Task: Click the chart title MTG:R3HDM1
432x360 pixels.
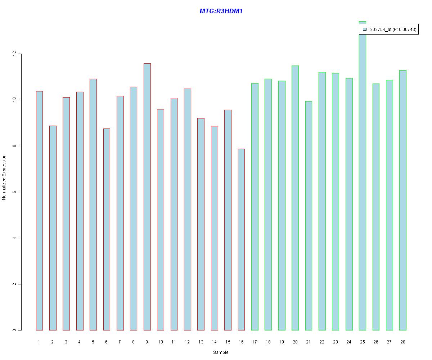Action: click(x=221, y=11)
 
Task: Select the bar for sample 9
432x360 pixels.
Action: click(x=147, y=197)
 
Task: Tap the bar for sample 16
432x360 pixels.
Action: click(x=241, y=239)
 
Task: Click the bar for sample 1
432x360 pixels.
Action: click(x=39, y=211)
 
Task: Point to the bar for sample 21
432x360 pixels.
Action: click(x=309, y=216)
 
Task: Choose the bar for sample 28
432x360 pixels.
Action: click(x=402, y=200)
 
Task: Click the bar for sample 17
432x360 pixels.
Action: click(x=255, y=207)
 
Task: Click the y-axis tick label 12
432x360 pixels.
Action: click(x=14, y=54)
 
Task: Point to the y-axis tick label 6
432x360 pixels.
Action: click(x=14, y=192)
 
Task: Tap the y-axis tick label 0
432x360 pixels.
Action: click(x=14, y=330)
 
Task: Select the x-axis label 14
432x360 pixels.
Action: click(x=214, y=342)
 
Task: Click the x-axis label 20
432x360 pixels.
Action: click(x=295, y=342)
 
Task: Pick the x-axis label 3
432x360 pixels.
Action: click(x=66, y=342)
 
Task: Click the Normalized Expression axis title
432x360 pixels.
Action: click(x=4, y=177)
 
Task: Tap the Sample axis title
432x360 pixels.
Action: click(x=221, y=352)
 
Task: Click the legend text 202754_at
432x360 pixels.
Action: click(x=380, y=30)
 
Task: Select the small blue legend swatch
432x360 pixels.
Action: click(x=365, y=29)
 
